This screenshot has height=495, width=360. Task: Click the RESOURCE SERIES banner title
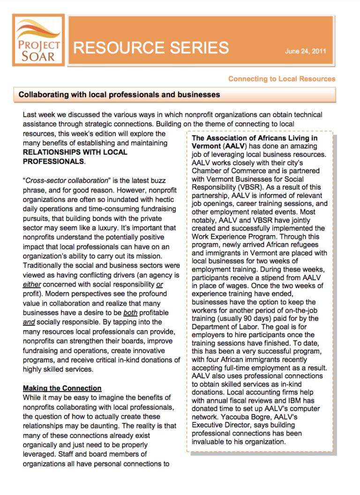[x=151, y=48]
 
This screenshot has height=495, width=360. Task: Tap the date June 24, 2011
[x=305, y=52]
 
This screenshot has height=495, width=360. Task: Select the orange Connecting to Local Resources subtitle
[x=282, y=79]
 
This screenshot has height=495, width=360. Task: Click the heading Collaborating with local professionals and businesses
[x=119, y=95]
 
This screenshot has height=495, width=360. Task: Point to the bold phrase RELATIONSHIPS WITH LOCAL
[x=75, y=152]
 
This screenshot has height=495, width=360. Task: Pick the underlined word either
[x=31, y=284]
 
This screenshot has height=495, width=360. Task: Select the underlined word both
[x=130, y=312]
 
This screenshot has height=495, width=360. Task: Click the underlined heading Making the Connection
[x=62, y=388]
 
